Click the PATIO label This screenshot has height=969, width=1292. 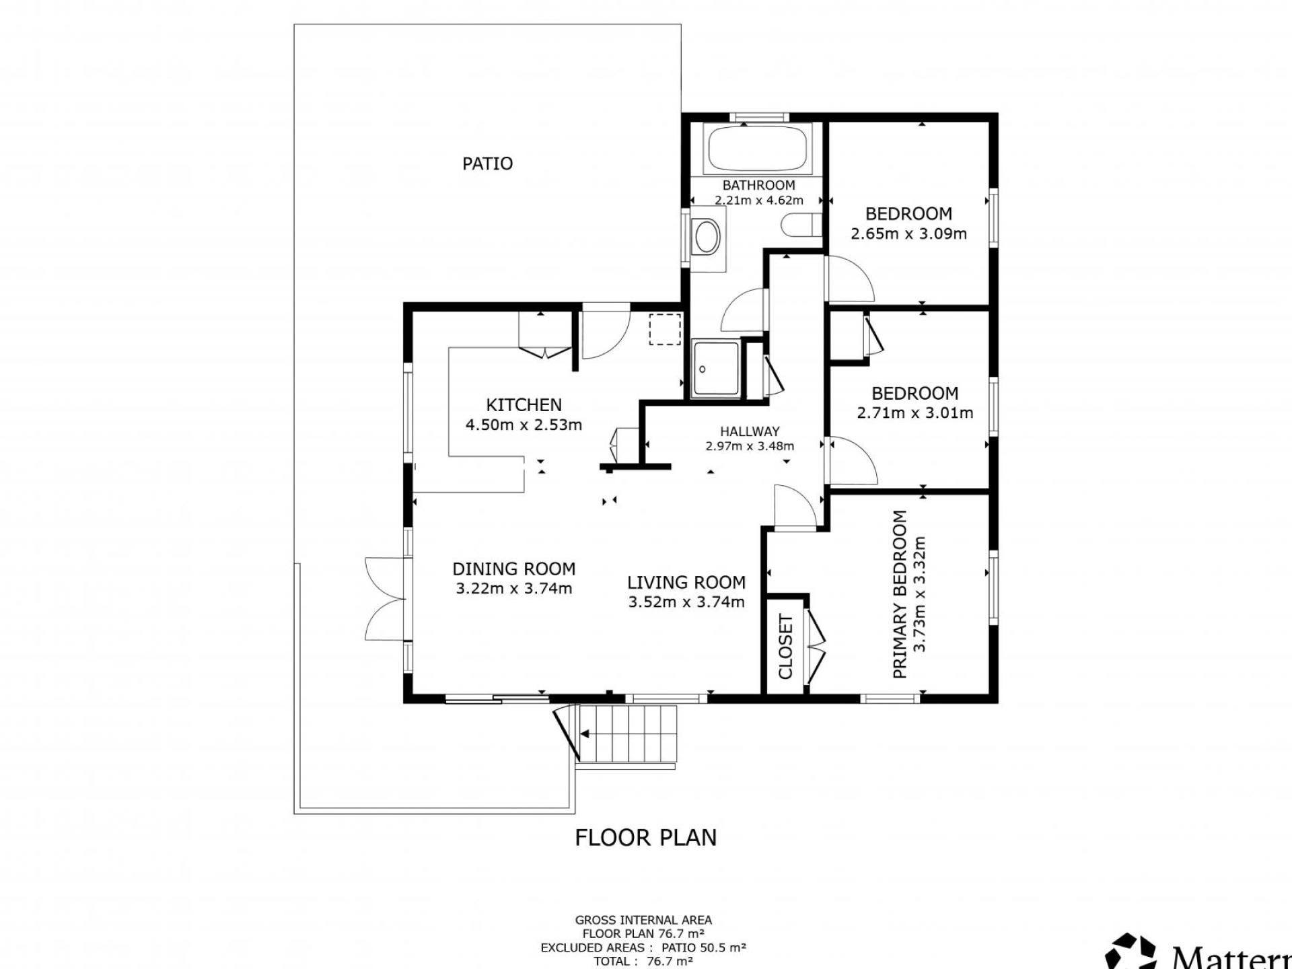coord(487,164)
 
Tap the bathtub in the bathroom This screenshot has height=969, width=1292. coord(758,149)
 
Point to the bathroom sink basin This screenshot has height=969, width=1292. coord(707,237)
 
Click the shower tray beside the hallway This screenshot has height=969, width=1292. coord(717,368)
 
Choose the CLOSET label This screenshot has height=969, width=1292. coord(785,647)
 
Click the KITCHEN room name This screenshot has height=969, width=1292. coord(524,405)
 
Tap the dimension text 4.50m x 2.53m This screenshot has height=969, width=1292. coord(524,425)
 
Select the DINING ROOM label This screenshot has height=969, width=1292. coord(514,569)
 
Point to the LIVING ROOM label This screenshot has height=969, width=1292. coord(686,583)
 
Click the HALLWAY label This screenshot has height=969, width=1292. coord(750,432)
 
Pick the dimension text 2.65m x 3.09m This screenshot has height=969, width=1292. coord(908,234)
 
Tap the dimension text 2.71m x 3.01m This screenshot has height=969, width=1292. coord(914,413)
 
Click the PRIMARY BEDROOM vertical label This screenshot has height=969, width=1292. coord(900,594)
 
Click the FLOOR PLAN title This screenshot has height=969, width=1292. coord(645,838)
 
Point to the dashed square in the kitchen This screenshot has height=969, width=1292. coord(665,329)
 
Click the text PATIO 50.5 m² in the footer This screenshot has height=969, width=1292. coord(703,947)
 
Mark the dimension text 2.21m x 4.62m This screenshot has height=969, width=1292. coord(758,200)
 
